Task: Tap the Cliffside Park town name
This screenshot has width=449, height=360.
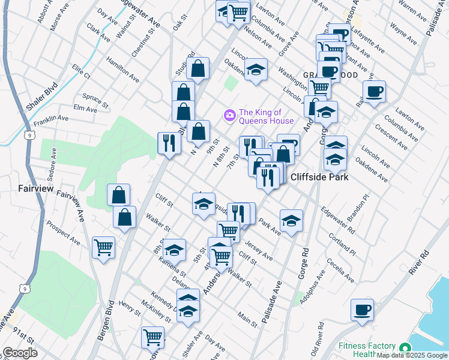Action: [319, 177]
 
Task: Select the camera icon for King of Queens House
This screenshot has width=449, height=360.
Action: [229, 115]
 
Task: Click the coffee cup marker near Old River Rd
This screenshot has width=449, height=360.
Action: [362, 311]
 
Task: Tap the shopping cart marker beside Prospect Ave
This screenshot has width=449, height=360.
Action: [104, 247]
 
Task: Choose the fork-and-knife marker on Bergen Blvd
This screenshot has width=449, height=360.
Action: [169, 143]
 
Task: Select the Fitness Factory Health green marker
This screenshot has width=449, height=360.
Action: [405, 349]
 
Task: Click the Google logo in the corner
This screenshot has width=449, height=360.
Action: [20, 352]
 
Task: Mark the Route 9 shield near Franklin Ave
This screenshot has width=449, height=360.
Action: [29, 136]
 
